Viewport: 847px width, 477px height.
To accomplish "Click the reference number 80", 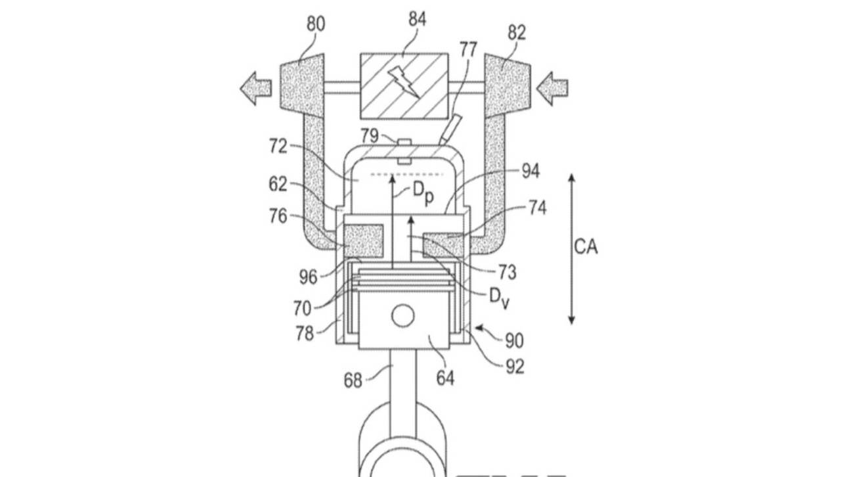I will tap(315, 25).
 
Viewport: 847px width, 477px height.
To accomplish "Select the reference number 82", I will tap(517, 33).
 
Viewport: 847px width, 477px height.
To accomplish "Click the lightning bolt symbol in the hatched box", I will tap(405, 81).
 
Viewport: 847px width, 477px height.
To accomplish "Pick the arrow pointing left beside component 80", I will tap(255, 89).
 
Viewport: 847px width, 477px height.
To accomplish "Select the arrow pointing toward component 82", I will tap(552, 89).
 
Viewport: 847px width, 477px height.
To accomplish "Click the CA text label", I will tap(586, 247).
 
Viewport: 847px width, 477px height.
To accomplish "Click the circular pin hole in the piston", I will tap(403, 317).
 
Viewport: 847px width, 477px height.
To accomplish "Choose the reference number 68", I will tap(353, 380).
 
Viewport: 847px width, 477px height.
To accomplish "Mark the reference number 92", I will tap(515, 366).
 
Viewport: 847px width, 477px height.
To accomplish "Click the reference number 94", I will tap(531, 171).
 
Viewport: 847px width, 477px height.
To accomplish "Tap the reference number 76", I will tap(278, 216).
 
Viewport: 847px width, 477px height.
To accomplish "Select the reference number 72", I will tap(278, 146).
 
